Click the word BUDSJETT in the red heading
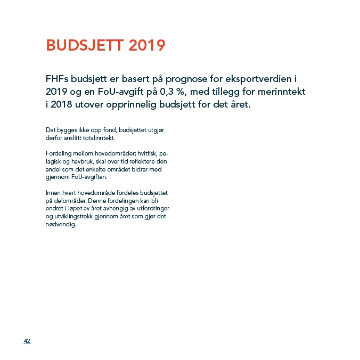point(85,45)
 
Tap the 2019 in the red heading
point(146,45)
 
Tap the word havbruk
point(79,161)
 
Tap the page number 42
point(27,341)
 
